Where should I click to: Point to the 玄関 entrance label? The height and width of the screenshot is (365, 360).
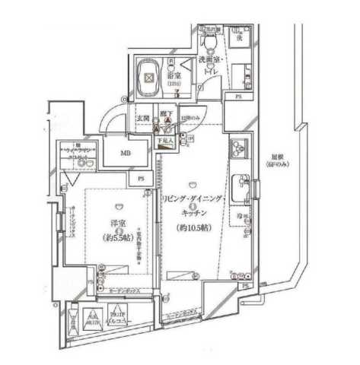coord(142,119)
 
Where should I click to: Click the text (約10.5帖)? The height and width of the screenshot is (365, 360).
coord(191,227)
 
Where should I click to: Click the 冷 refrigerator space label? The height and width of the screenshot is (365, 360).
coord(241,217)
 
